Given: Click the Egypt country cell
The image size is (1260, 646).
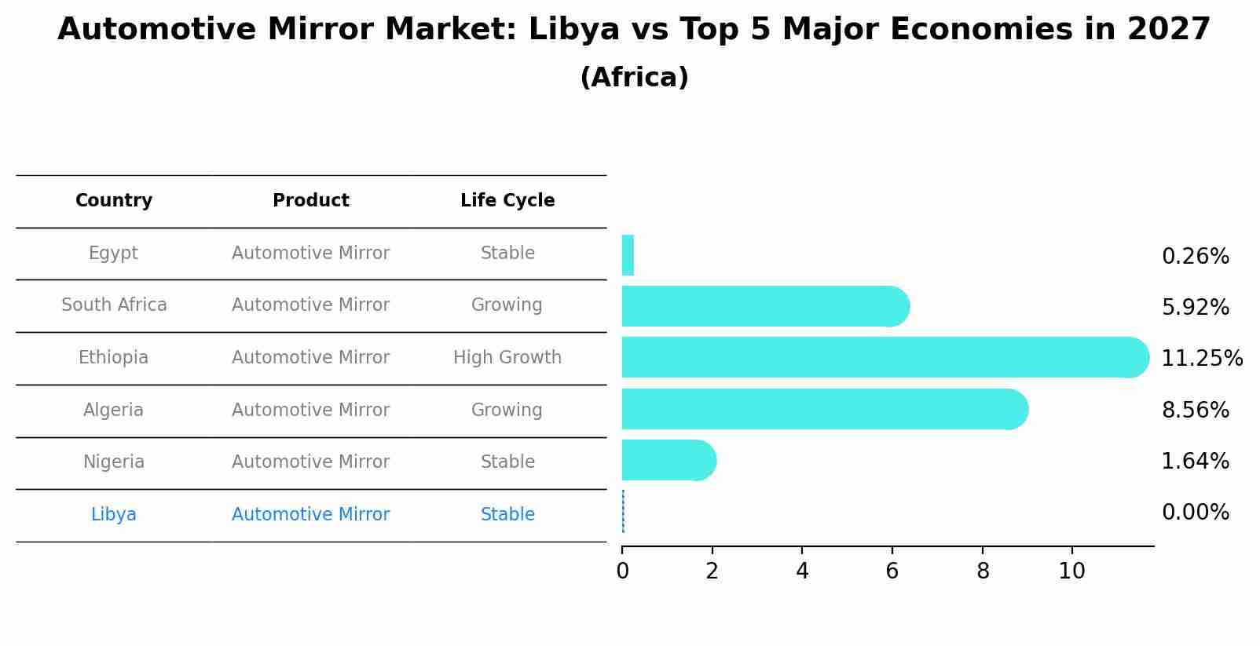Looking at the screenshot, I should pyautogui.click(x=113, y=254).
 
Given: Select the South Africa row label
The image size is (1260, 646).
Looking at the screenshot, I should pyautogui.click(x=114, y=305).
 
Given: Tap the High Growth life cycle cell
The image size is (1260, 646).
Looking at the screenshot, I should pyautogui.click(x=507, y=358).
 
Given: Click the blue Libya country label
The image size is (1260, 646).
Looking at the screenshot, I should pyautogui.click(x=113, y=515).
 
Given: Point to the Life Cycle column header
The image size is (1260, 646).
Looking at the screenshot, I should pyautogui.click(x=507, y=201).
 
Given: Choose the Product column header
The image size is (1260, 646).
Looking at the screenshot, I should pyautogui.click(x=310, y=201).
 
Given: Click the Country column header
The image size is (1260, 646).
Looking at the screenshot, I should pyautogui.click(x=113, y=201).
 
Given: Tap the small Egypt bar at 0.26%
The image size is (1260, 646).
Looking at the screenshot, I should pyautogui.click(x=628, y=255).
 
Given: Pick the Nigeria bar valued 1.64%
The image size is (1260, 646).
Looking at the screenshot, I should pyautogui.click(x=668, y=460).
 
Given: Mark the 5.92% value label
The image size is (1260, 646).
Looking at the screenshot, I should pyautogui.click(x=1195, y=308).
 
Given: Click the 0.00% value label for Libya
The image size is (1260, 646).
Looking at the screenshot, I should pyautogui.click(x=1195, y=513).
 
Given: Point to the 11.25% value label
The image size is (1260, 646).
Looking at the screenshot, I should pyautogui.click(x=1202, y=359).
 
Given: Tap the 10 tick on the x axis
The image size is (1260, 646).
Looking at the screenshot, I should pyautogui.click(x=1071, y=571).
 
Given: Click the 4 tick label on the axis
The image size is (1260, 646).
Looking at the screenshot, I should pyautogui.click(x=802, y=571).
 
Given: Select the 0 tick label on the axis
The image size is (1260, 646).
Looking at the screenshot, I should pyautogui.click(x=622, y=571).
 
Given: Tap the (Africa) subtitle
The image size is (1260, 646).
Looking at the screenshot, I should pyautogui.click(x=634, y=78).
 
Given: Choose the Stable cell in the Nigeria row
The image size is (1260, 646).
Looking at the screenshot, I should pyautogui.click(x=507, y=462).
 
